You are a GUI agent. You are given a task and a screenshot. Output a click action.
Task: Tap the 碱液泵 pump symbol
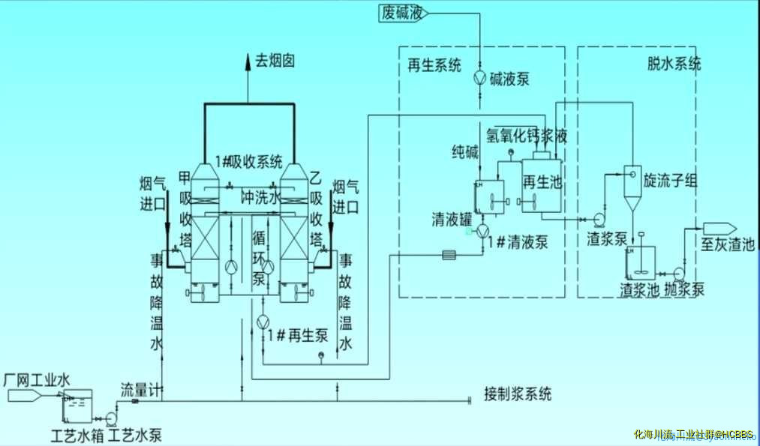480,78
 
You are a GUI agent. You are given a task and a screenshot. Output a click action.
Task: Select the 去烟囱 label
275,61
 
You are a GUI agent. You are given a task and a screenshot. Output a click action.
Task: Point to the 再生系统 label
434,66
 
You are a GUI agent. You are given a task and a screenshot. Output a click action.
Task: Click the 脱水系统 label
674,64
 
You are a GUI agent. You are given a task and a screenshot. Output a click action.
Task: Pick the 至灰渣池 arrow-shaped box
719,229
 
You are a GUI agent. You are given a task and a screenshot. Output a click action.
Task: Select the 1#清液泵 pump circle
483,229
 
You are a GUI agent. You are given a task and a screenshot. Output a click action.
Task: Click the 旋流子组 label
671,181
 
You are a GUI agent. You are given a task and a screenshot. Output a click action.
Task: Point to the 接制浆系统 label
518,394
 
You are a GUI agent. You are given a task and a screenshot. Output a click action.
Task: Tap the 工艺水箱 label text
77,434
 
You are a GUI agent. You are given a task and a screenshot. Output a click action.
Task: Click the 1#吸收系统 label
248,160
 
